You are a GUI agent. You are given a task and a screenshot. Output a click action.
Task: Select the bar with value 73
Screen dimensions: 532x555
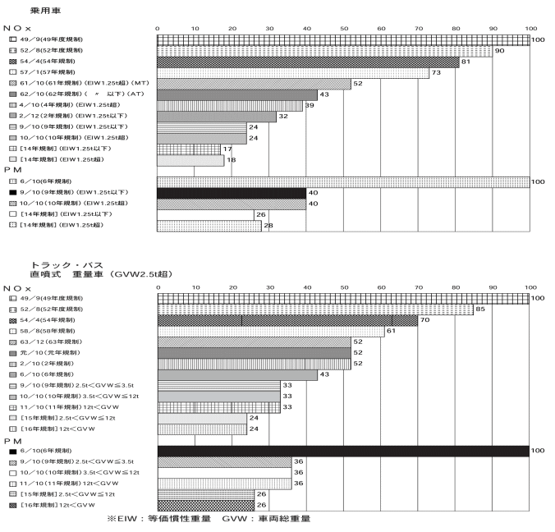[293, 73]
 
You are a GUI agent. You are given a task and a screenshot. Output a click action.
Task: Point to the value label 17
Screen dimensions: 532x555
[226, 149]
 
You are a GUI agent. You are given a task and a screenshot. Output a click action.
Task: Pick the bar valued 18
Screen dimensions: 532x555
[190, 160]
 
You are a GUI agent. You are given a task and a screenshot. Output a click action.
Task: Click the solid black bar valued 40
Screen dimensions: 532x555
[232, 192]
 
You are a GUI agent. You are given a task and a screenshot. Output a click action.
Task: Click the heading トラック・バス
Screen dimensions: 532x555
[60, 265]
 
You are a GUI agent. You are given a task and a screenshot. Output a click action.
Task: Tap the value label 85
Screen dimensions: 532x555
[502, 310]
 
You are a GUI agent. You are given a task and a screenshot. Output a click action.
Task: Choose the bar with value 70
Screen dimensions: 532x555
[287, 320]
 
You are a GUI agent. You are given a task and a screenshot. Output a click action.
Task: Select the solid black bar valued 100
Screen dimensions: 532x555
[343, 450]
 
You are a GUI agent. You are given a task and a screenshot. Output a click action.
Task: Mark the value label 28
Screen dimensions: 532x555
[267, 224]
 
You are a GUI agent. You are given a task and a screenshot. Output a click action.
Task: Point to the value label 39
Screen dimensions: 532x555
[310, 106]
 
